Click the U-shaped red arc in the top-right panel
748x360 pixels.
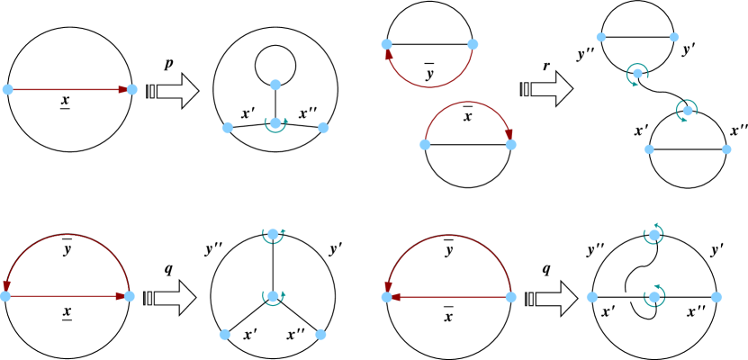(429, 86)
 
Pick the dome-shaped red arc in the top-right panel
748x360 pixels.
(468, 103)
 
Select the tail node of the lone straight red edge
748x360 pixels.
(8, 89)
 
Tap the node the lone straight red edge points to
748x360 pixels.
(132, 89)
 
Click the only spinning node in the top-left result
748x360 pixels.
(275, 123)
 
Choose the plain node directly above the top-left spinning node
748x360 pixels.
(275, 85)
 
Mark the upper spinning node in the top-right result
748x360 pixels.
(637, 74)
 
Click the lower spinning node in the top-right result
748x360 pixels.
(687, 111)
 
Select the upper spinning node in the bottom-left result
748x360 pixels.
(273, 234)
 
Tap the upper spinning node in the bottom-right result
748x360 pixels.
(653, 235)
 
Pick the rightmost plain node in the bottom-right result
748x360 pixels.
(716, 297)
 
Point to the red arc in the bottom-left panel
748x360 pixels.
(67, 235)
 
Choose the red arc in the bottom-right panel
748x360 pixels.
(448, 236)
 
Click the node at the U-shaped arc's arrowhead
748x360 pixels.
(387, 44)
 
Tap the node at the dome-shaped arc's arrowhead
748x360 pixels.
(510, 144)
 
